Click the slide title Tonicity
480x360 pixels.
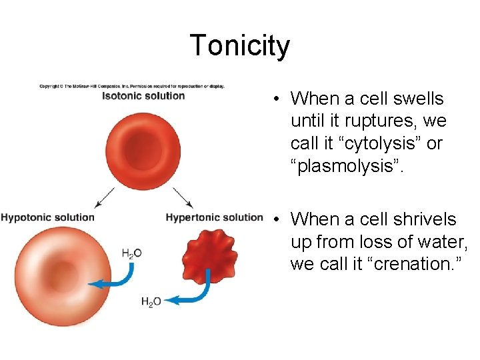[x=240, y=45]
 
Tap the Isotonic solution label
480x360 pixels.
[x=143, y=96]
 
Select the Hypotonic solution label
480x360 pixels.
[x=48, y=217]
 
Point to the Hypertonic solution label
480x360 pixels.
[x=215, y=217]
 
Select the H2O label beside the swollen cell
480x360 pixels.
[x=132, y=253]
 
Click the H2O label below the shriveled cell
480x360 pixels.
[x=151, y=302]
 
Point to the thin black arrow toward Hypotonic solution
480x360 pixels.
[x=105, y=197]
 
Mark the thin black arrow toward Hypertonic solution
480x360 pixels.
[x=183, y=197]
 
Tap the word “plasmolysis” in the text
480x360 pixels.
[x=349, y=166]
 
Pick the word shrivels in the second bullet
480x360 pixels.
[x=426, y=219]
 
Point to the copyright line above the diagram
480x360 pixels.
[x=132, y=86]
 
